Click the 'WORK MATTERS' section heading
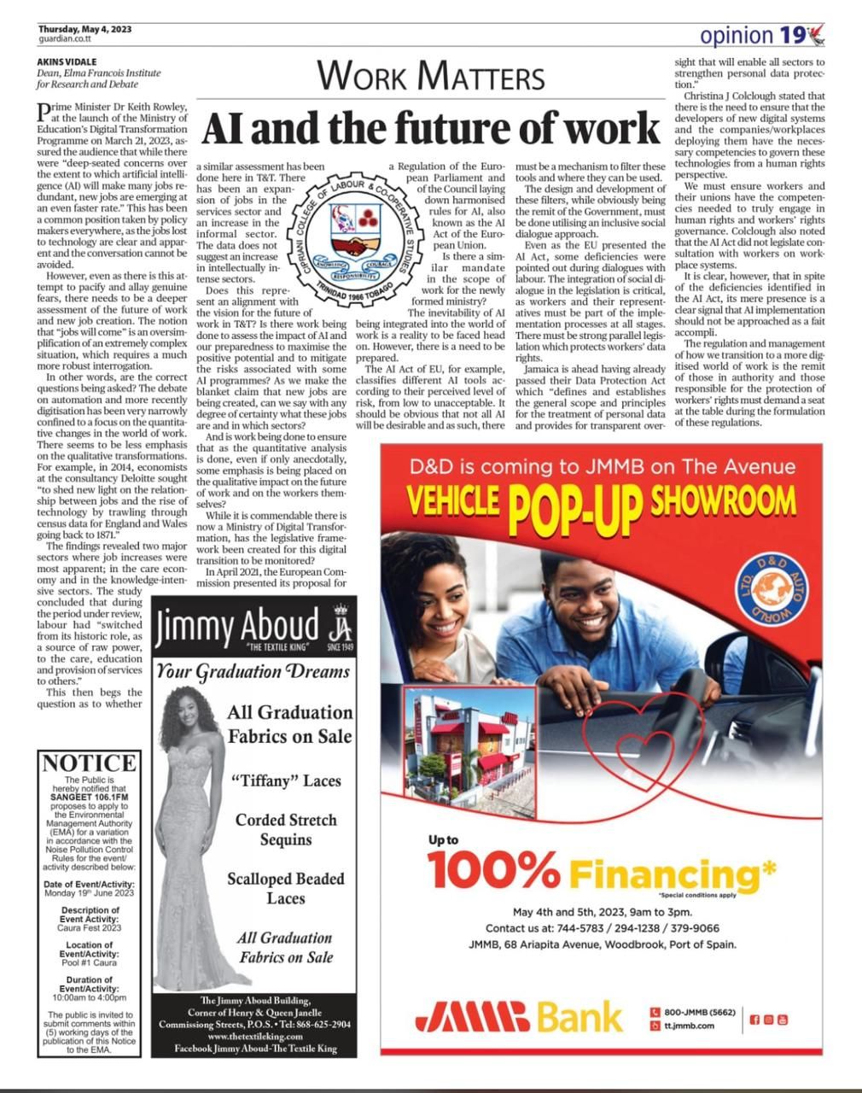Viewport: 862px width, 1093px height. (x=430, y=77)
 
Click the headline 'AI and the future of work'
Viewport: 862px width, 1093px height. (x=431, y=128)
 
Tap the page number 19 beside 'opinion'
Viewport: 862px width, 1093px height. (x=791, y=35)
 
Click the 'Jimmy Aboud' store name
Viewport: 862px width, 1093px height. (x=237, y=626)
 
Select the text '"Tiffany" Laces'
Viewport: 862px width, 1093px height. (x=285, y=780)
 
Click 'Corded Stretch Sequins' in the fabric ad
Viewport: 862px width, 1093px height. (x=286, y=829)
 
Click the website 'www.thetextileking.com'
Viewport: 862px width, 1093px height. (x=254, y=1036)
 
